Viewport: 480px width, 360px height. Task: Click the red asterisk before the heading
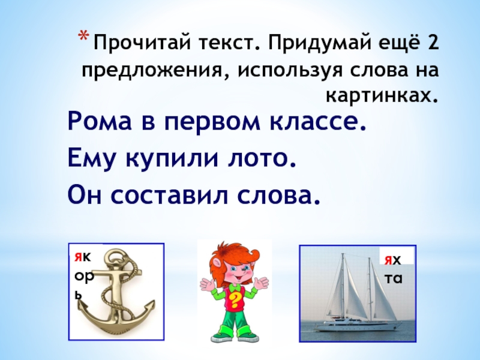(x=83, y=36)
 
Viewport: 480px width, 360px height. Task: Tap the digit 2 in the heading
(x=432, y=42)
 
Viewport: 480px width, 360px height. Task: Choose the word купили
(x=172, y=158)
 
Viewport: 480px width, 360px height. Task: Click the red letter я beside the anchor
(x=78, y=257)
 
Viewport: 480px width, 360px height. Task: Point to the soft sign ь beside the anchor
(x=79, y=295)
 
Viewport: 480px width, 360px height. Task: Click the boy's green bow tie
(x=235, y=288)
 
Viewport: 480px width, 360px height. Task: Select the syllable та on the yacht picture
(x=394, y=278)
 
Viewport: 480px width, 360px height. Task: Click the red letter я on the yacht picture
(x=388, y=260)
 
